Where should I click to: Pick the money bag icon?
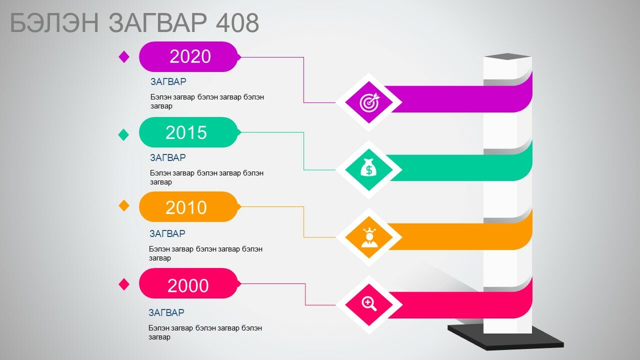pyautogui.click(x=368, y=167)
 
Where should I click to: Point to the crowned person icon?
pyautogui.click(x=369, y=237)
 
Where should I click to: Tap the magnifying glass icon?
pyautogui.click(x=369, y=303)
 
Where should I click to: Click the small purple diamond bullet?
pyautogui.click(x=124, y=56)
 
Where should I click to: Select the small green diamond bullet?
pyautogui.click(x=123, y=134)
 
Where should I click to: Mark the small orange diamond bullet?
pyautogui.click(x=124, y=205)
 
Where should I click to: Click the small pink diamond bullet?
pyautogui.click(x=124, y=284)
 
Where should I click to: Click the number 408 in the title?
pyautogui.click(x=237, y=22)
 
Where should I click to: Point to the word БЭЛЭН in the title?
pyautogui.click(x=54, y=22)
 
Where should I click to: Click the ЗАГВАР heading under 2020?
pyautogui.click(x=168, y=81)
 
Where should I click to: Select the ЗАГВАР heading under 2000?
pyautogui.click(x=166, y=312)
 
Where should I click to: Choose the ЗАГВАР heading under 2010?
pyautogui.click(x=167, y=233)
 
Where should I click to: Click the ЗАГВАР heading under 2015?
pyautogui.click(x=168, y=157)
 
